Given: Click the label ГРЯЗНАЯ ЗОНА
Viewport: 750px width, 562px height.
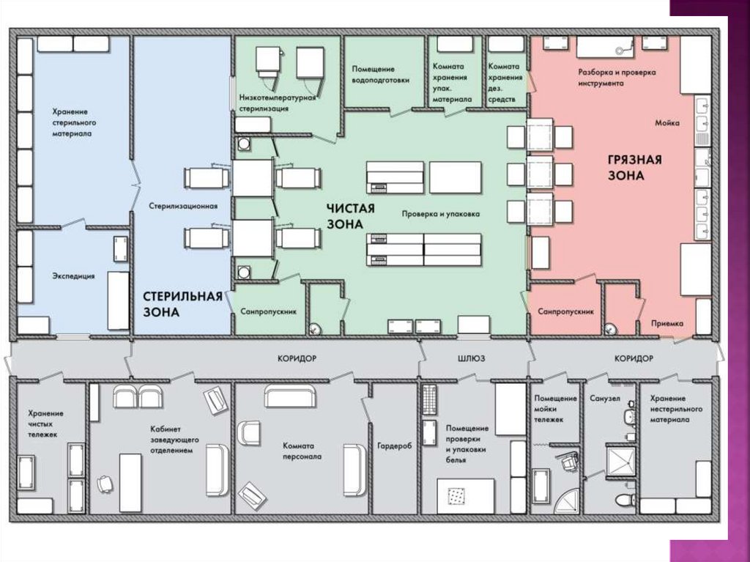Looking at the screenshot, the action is click(634, 168).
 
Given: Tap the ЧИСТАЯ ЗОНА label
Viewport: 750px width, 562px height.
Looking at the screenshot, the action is click(351, 216).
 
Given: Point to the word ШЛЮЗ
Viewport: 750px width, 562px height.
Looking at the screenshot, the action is click(471, 358).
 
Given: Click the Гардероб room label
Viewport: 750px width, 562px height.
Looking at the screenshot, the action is click(394, 445).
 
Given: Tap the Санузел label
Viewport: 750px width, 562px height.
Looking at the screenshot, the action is click(604, 399).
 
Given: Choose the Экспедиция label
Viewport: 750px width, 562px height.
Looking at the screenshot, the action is click(74, 276).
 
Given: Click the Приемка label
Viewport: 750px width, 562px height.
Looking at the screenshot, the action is click(667, 324).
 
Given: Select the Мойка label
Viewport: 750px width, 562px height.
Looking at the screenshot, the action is click(667, 123).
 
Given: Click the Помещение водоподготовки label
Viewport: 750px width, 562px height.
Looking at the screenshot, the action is click(380, 75).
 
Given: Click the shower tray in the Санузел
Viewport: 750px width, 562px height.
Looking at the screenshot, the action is click(620, 461).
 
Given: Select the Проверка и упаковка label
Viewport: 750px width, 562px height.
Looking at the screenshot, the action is click(440, 214).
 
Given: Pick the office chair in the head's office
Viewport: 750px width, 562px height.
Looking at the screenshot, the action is click(104, 484).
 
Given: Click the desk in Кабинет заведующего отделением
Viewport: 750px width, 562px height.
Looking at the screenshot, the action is click(130, 483).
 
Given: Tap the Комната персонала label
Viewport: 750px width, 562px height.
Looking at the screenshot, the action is click(302, 451).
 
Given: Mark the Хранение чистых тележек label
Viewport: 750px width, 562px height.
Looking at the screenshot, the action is click(45, 424).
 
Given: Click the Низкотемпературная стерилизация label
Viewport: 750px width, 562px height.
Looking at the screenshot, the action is click(278, 103).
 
